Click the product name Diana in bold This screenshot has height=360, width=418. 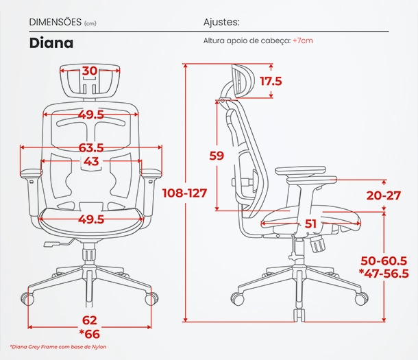[x=51, y=43]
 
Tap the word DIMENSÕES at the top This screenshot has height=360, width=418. [x=56, y=22]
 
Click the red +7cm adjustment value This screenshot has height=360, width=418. [x=303, y=40]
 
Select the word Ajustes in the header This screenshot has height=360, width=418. [x=221, y=22]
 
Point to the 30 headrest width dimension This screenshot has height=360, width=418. [x=90, y=71]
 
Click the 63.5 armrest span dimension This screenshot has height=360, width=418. [x=91, y=147]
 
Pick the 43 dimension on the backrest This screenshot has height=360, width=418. [x=91, y=161]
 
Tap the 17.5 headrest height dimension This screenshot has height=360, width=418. [x=271, y=81]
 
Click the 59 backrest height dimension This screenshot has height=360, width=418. [x=217, y=156]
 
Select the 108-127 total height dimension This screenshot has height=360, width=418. [x=185, y=193]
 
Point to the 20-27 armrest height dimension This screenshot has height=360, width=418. [x=384, y=195]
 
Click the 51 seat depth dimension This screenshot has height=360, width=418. [x=310, y=224]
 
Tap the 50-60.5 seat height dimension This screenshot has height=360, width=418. [x=384, y=261]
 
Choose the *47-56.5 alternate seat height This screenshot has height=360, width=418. [x=384, y=274]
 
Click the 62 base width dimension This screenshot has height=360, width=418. [x=90, y=320]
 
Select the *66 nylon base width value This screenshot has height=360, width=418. [x=90, y=334]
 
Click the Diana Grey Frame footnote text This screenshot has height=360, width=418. [x=58, y=347]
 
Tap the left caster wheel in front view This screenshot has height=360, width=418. [x=27, y=299]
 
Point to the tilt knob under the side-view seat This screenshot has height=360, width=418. [x=317, y=243]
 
